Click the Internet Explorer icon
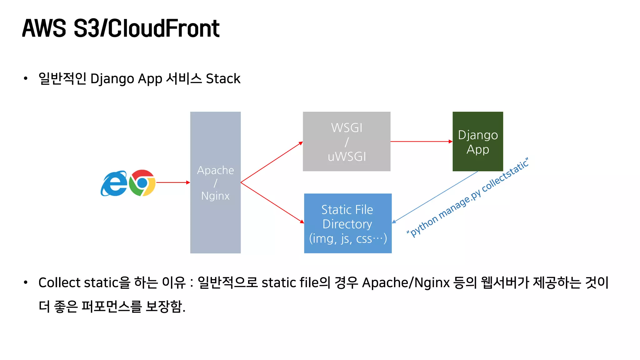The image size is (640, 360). point(114,183)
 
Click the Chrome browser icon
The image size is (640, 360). point(142,183)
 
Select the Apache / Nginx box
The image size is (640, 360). point(215,219)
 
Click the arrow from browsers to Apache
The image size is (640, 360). point(172,182)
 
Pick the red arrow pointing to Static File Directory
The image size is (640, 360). point(272,202)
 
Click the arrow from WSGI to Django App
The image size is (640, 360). point(421,142)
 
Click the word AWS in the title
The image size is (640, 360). point(44,29)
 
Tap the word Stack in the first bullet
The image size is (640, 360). point(223,79)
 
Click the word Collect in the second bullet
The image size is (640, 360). point(59,282)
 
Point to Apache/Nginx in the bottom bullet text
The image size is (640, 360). point(406,282)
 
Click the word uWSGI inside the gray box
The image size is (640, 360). point(347,157)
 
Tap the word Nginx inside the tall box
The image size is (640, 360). point(215,196)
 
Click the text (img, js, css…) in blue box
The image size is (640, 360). point(348,239)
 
